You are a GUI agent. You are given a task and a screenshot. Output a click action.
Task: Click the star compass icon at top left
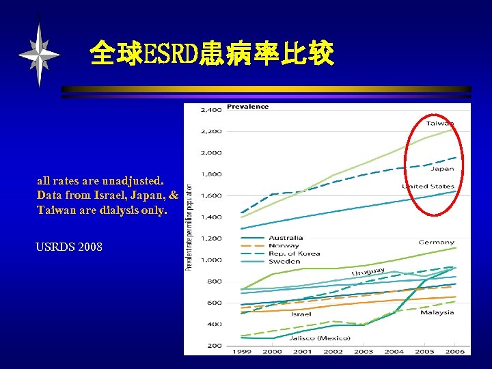[x=39, y=53]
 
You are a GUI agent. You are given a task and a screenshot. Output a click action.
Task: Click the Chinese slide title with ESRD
[x=212, y=53]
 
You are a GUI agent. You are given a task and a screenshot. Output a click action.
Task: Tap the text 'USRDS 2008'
[x=69, y=246]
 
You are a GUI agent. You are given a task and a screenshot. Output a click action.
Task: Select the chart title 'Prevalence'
[x=247, y=107]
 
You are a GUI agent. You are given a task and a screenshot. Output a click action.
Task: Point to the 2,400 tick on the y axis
[x=210, y=109]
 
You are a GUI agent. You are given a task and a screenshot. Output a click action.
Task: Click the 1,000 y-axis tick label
[x=210, y=260]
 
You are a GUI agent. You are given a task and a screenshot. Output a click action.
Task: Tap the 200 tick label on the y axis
[x=214, y=346]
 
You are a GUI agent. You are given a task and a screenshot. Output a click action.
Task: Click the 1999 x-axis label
[x=242, y=351]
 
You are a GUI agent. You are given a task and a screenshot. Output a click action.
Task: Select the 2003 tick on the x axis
[x=364, y=351]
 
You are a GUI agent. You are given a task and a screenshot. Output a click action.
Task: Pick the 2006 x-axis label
[x=454, y=351]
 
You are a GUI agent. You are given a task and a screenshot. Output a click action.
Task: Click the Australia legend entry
[x=286, y=238]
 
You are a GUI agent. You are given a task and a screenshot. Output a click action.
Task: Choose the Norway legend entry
[x=283, y=245]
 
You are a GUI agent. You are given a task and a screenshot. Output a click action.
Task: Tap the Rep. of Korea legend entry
[x=292, y=254]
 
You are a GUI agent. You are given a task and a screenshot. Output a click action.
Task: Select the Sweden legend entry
[x=283, y=261]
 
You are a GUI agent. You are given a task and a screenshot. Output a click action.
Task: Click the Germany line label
[x=436, y=242]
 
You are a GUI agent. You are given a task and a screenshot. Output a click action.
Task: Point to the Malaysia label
[x=437, y=313]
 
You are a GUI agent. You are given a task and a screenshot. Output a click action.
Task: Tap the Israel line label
[x=301, y=314]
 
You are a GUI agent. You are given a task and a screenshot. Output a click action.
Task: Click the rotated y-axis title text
[x=189, y=225]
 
